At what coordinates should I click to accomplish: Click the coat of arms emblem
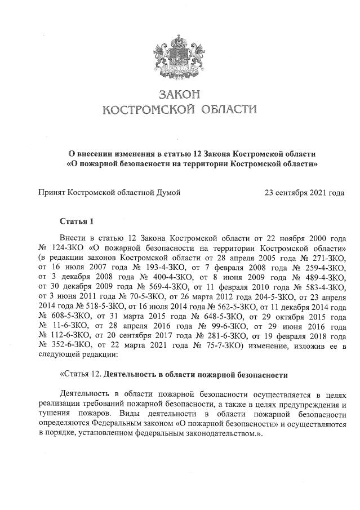pyautogui.click(x=180, y=55)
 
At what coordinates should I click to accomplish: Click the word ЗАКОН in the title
pyautogui.click(x=180, y=94)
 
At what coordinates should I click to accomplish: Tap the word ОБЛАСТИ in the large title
pyautogui.click(x=222, y=109)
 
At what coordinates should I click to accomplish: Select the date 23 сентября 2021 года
pyautogui.click(x=304, y=193)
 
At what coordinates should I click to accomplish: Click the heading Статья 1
pyautogui.click(x=76, y=220)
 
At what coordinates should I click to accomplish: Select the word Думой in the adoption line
pyautogui.click(x=168, y=193)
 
